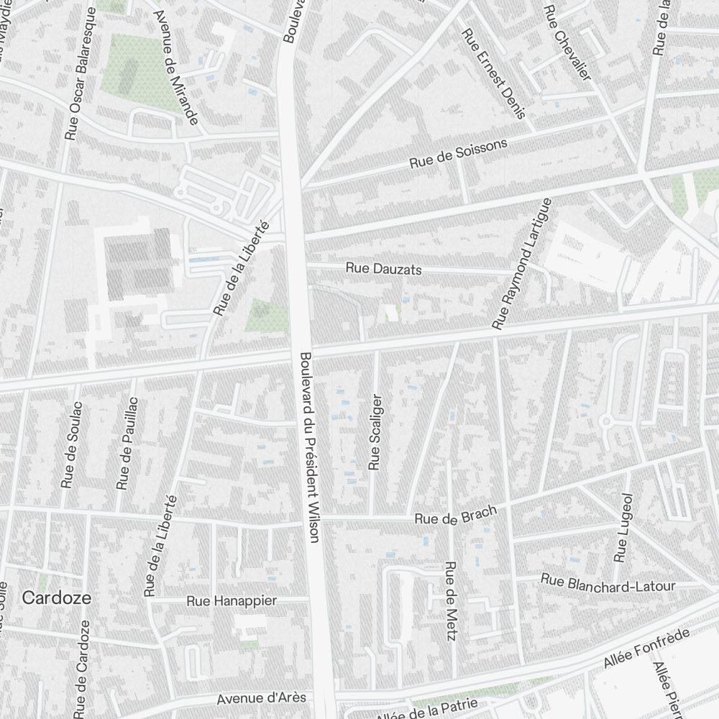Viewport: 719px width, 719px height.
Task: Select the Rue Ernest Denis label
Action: [495, 73]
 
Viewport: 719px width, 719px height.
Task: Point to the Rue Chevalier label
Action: [567, 42]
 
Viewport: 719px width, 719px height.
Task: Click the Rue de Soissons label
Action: [458, 153]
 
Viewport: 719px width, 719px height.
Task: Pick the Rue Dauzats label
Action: [383, 269]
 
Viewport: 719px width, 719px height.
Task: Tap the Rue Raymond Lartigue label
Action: [521, 264]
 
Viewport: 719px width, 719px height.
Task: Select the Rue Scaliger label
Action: [374, 431]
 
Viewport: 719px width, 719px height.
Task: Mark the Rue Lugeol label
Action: [622, 527]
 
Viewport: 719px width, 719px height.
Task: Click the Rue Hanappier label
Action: [231, 600]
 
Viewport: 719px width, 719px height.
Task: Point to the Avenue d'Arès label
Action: [261, 698]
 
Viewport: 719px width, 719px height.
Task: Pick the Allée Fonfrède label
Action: [646, 649]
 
